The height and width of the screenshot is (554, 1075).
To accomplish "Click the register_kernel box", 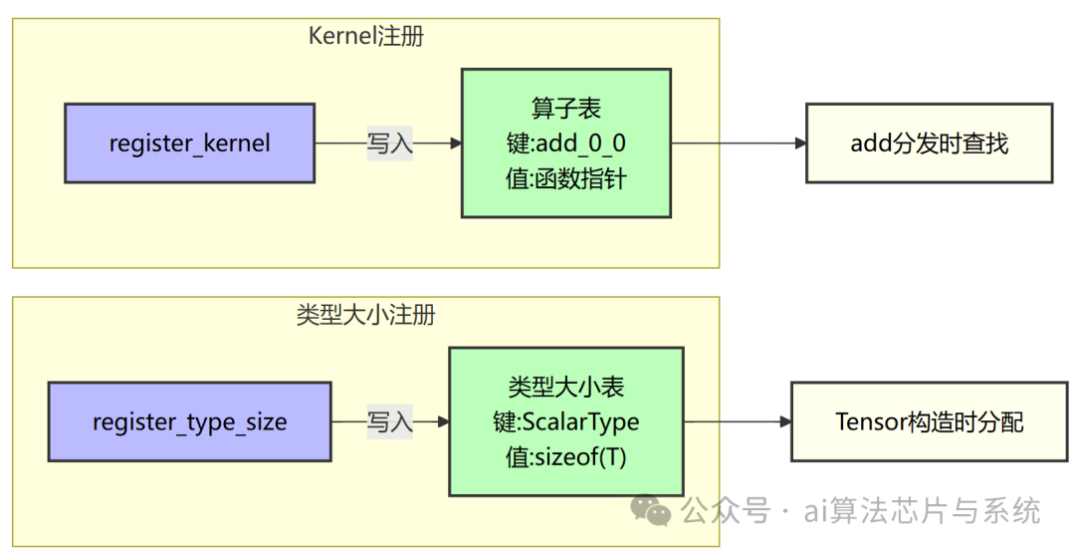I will [x=189, y=143].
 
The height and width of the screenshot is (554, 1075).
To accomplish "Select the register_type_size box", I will [x=189, y=422].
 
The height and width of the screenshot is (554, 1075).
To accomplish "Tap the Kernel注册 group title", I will [x=365, y=37].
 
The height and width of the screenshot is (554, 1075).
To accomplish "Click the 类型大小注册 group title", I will [x=365, y=315].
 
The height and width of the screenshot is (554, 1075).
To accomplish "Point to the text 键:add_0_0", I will [x=565, y=143].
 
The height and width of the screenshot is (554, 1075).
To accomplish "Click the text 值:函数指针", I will [x=565, y=179].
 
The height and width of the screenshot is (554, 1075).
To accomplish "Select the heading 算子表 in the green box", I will [x=565, y=108].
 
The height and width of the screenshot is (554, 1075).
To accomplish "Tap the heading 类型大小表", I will [x=565, y=387].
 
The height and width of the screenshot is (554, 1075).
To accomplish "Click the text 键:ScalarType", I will [x=565, y=422].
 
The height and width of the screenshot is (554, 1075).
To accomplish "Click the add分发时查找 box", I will [x=929, y=143].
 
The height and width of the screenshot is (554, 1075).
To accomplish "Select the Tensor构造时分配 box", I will [x=929, y=422].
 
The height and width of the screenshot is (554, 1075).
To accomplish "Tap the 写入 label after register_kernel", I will [x=389, y=143].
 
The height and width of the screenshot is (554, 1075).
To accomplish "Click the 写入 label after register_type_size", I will [x=389, y=422].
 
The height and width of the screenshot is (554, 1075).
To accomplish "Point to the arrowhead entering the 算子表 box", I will [x=456, y=143].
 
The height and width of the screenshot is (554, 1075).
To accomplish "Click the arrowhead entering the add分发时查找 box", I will [x=800, y=143].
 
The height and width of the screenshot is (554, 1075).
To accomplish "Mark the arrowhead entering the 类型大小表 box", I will [x=443, y=422].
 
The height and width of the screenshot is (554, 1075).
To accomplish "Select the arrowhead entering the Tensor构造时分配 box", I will [x=785, y=422].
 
